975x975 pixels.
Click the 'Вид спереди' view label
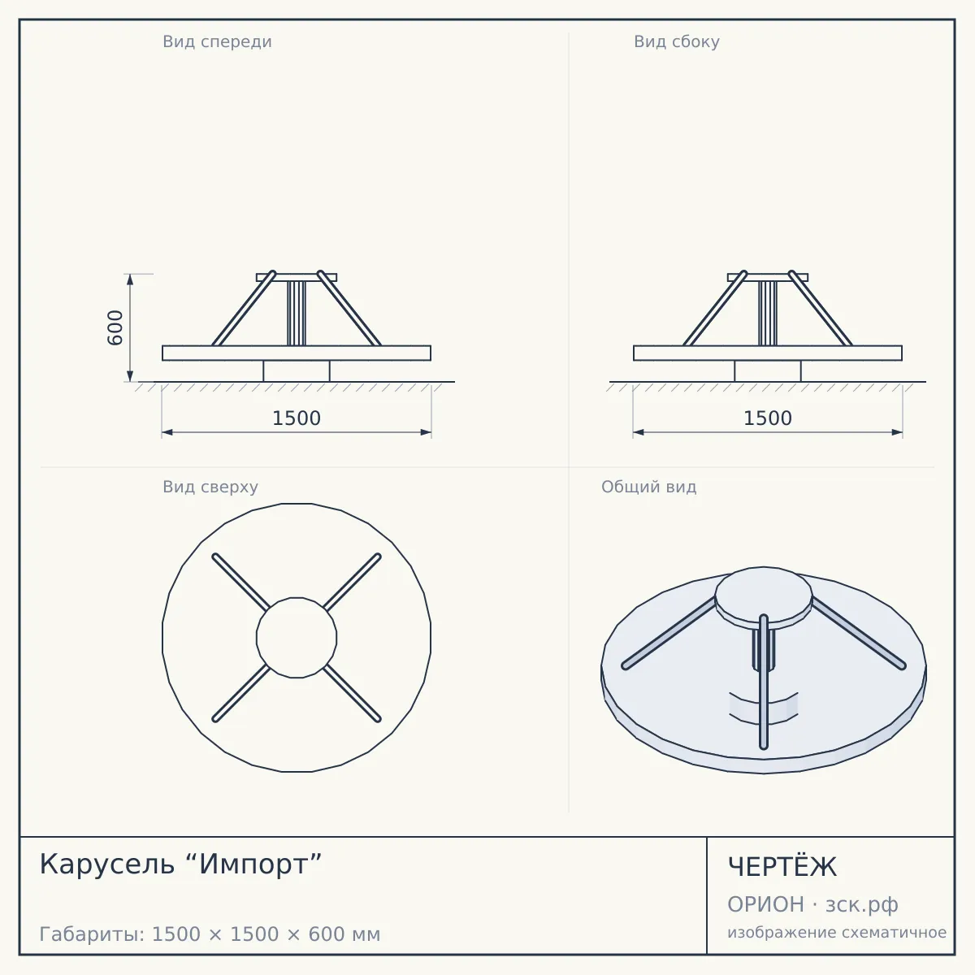pos(217,41)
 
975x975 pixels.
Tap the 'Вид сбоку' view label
pos(677,41)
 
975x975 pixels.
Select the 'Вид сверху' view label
pos(210,487)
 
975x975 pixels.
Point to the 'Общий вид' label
pos(648,487)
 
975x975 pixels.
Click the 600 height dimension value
pos(115,328)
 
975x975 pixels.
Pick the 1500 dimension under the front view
pos(297,418)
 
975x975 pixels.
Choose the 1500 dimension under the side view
pos(768,418)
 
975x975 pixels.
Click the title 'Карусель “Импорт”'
pos(180,864)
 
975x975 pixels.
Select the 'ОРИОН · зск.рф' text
pos(812,904)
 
